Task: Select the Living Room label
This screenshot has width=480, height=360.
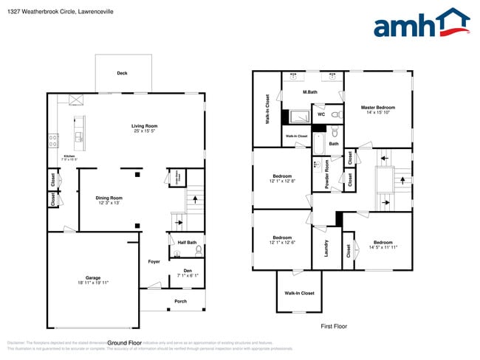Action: coord(145,126)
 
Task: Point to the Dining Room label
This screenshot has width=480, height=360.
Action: coord(109,198)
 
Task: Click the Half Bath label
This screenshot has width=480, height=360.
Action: coord(187,243)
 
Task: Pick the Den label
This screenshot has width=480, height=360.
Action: coord(188,271)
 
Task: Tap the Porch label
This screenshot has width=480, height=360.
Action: coord(180,301)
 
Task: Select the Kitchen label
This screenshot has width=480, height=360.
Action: coord(69,156)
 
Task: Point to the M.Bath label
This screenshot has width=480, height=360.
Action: coord(310,92)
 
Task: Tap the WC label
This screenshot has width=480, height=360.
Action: coord(321,114)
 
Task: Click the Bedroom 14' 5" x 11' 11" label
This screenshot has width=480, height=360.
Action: coord(383,243)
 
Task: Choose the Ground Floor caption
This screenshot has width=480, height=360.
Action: coord(124,343)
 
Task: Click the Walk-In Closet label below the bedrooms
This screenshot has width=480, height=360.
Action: coord(299,293)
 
